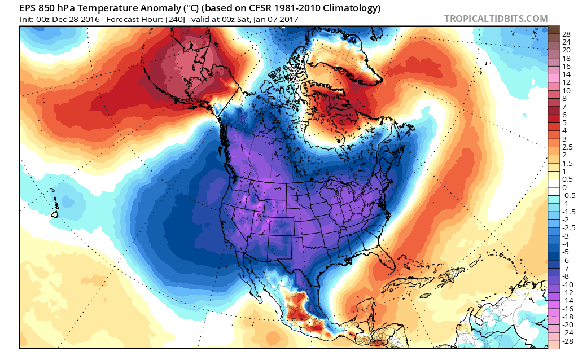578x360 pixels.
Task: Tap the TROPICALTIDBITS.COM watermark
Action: tap(496, 19)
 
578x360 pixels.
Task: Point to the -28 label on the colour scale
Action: tap(567, 341)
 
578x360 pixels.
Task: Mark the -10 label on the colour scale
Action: tap(567, 285)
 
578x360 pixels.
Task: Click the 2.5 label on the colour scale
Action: tap(566, 147)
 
